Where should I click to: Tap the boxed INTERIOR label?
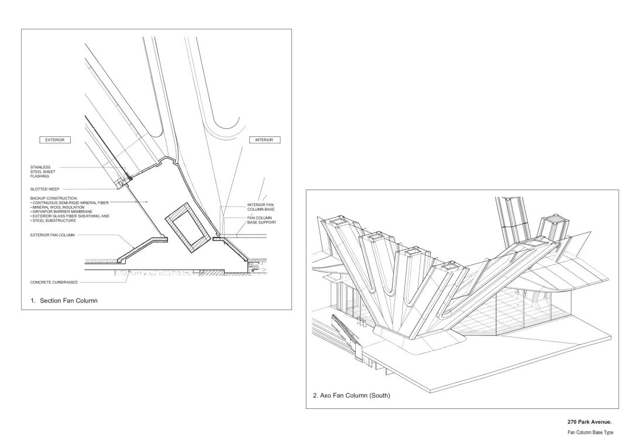[265, 140]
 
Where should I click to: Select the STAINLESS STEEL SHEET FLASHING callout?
[43, 171]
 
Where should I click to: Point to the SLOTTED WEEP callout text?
[45, 189]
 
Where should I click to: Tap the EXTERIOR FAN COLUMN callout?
[52, 235]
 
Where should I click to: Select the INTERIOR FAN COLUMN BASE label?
[260, 207]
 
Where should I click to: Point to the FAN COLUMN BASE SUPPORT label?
[261, 220]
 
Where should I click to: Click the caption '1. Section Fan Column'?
[64, 301]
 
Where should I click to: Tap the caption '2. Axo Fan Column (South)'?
[351, 396]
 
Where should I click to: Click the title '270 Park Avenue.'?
[589, 422]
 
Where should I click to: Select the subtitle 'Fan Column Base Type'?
[590, 432]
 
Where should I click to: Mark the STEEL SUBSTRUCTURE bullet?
[54, 221]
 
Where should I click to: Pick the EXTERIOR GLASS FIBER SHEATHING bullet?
[70, 216]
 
